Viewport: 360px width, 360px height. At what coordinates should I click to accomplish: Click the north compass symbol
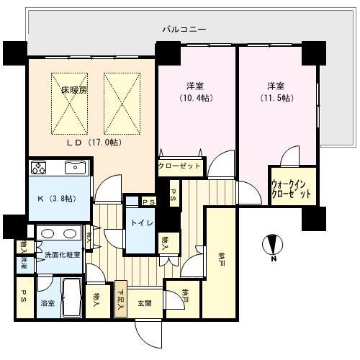[273, 246]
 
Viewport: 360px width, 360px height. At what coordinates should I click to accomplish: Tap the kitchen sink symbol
[74, 168]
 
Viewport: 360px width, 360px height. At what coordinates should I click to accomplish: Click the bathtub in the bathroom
[71, 297]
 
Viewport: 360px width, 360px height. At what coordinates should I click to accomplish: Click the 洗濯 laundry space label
[22, 264]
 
